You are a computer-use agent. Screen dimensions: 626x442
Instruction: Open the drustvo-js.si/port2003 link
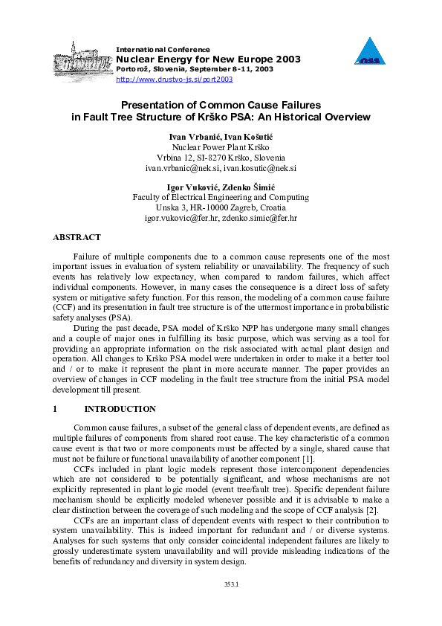(x=175, y=78)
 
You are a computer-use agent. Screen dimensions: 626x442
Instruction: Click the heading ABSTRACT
(x=77, y=237)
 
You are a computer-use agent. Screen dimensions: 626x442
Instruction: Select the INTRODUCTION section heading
(x=120, y=409)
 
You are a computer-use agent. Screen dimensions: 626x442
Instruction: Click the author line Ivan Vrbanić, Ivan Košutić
(x=221, y=137)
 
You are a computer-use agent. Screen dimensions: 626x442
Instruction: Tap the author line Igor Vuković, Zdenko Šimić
(x=221, y=187)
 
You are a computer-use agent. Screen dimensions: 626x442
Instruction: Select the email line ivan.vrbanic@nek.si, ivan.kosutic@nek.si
(x=221, y=169)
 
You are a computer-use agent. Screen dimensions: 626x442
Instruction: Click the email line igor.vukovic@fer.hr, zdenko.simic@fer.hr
(x=221, y=219)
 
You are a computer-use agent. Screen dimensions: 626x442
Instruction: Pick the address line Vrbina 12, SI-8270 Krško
(x=221, y=158)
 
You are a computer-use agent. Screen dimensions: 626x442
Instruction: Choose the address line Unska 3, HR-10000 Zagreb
(x=221, y=208)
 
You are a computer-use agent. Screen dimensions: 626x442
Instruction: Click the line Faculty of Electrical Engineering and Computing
(x=221, y=198)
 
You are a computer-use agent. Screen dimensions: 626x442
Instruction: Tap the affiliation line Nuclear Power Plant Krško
(x=221, y=147)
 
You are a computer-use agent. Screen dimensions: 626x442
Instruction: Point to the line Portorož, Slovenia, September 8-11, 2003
(x=195, y=68)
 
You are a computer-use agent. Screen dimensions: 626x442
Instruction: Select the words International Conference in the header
(x=163, y=49)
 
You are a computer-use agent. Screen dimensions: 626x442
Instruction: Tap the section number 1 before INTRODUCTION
(x=55, y=409)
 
